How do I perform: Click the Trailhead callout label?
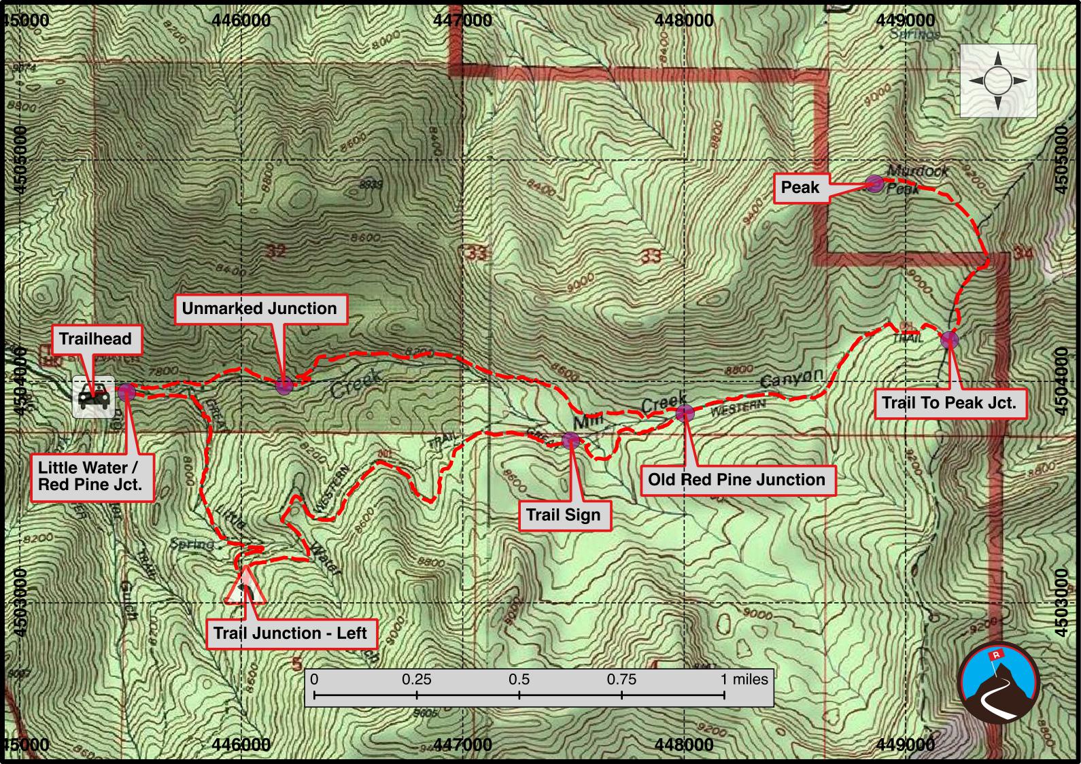click(x=95, y=339)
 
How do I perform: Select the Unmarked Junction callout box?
click(x=259, y=309)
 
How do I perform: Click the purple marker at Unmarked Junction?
click(x=285, y=386)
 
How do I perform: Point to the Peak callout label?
click(x=800, y=187)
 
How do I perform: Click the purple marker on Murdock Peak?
click(x=874, y=183)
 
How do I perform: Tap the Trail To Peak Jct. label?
click(x=948, y=402)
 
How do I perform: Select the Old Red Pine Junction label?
click(x=736, y=479)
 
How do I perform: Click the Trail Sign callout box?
click(x=563, y=515)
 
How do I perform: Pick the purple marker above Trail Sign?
click(x=571, y=440)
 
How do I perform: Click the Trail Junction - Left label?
click(x=290, y=633)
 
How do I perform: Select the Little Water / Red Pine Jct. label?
click(x=90, y=476)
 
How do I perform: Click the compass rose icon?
click(x=997, y=81)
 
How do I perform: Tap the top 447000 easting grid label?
click(x=462, y=20)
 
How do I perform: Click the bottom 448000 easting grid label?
click(x=685, y=744)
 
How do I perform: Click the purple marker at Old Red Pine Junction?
click(x=685, y=413)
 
